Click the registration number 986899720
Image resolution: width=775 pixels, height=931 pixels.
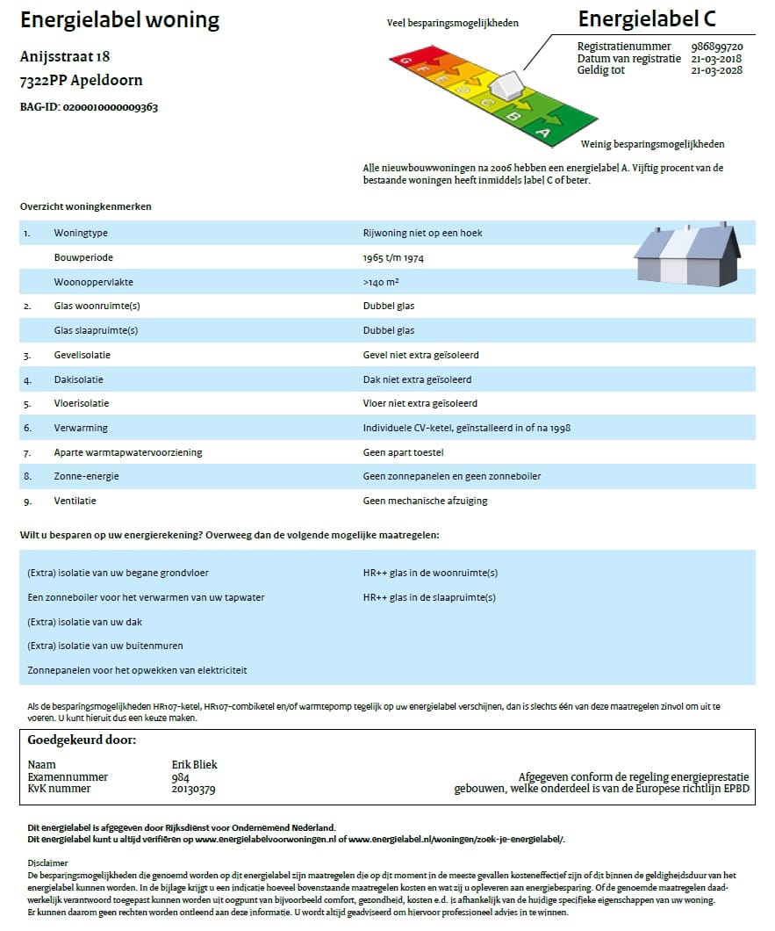point(717,47)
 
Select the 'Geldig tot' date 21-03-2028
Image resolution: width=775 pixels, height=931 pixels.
point(717,70)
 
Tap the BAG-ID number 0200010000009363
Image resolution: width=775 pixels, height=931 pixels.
point(111,107)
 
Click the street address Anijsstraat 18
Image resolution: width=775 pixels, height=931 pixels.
point(64,57)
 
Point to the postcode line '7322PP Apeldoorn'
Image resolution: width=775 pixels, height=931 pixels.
point(81,81)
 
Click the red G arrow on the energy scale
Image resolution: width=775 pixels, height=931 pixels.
point(406,60)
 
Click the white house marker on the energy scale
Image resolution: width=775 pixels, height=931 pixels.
point(506,87)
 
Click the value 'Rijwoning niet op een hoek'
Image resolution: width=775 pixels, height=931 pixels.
point(422,234)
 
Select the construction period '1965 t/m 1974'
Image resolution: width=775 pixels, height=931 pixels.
point(394,258)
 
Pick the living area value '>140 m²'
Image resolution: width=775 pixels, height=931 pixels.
point(382,282)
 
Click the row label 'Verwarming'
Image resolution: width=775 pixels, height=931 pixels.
point(81,428)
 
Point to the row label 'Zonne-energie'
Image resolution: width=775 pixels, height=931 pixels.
point(86,476)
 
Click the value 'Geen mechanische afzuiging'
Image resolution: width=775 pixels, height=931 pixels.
point(425,501)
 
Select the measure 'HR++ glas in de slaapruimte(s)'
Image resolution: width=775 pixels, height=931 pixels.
point(429,597)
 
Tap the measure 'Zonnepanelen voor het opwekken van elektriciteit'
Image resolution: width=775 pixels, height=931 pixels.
point(137,670)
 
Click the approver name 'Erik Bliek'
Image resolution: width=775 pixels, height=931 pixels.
point(195,764)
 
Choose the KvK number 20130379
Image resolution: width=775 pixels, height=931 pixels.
point(194,789)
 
